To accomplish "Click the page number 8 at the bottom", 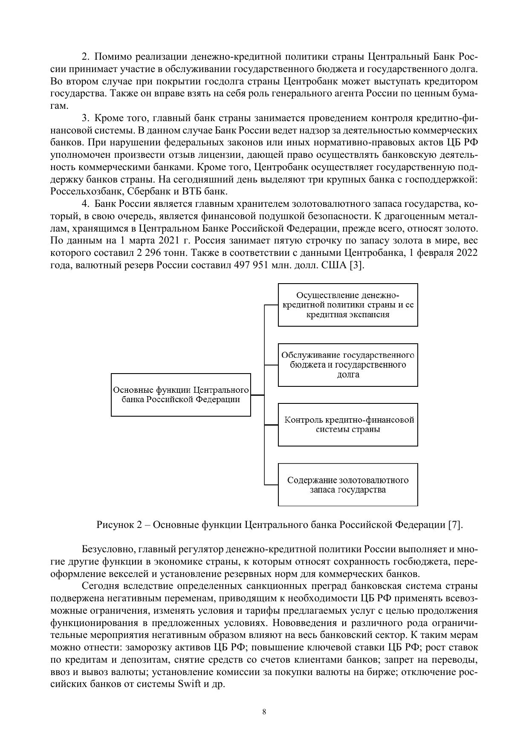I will pos(264,712).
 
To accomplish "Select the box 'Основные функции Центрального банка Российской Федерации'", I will pos(181,395).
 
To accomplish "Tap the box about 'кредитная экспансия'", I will pos(348,305).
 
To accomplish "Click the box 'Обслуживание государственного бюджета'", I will pos(348,365).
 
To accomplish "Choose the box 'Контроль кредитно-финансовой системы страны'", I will pos(348,425).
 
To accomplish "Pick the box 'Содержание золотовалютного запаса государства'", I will pos(348,485).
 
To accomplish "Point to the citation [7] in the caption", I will pos(455,525).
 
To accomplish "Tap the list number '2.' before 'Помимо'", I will pos(85,57).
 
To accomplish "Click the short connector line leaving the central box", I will pos(257,395).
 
